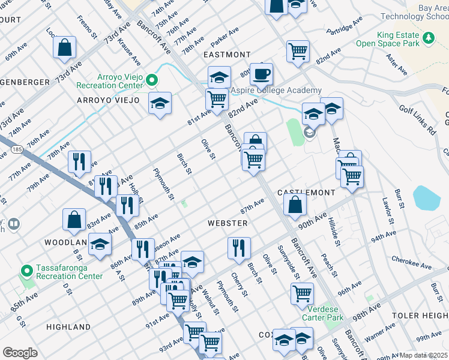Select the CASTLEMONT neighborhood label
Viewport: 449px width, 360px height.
click(x=306, y=192)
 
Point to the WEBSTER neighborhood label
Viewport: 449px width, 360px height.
click(x=228, y=223)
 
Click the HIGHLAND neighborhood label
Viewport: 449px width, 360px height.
click(x=68, y=327)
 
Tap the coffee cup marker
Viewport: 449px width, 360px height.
click(x=261, y=74)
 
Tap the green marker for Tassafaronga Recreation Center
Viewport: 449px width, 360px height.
click(x=26, y=271)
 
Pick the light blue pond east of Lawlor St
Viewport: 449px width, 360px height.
click(x=427, y=197)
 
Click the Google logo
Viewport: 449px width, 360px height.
click(x=20, y=352)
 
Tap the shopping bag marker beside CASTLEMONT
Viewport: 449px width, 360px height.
click(x=295, y=205)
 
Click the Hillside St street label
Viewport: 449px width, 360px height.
click(x=333, y=232)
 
